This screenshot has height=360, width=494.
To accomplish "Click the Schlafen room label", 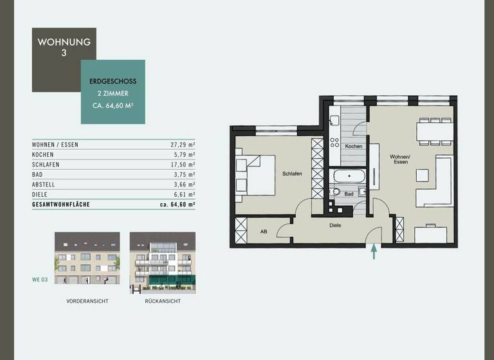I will click(x=292, y=174).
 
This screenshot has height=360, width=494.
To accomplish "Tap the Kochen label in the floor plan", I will click(x=353, y=147).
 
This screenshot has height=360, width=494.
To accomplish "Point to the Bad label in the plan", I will click(x=349, y=194).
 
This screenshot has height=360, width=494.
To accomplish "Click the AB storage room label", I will click(x=264, y=231).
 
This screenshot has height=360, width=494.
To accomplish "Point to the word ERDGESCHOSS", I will click(x=113, y=82).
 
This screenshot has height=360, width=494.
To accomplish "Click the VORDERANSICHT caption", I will click(x=87, y=301).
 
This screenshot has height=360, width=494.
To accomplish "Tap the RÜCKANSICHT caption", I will click(x=163, y=301).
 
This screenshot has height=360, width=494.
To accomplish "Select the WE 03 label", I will click(x=41, y=280).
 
